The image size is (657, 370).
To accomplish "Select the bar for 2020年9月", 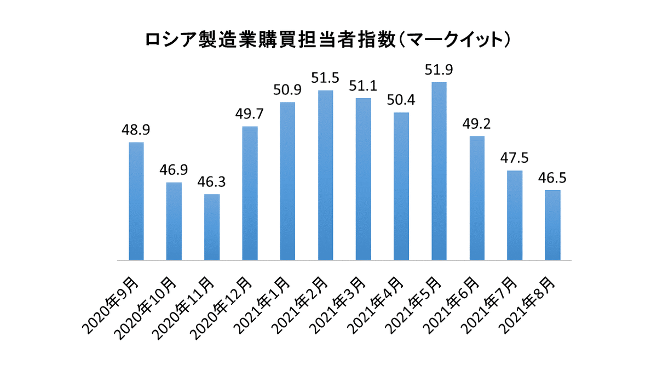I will tap(136, 201).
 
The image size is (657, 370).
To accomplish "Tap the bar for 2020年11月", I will tap(212, 227).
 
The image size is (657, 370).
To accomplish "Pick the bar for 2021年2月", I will tap(326, 175).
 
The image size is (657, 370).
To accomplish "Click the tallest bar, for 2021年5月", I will tap(439, 171).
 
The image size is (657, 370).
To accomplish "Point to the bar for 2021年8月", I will tap(553, 225).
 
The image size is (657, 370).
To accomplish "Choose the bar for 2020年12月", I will tap(250, 193).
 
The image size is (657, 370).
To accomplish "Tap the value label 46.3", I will tap(212, 182).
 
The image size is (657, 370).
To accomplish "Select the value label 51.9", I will tap(439, 70).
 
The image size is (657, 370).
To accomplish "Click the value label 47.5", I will tap(515, 158).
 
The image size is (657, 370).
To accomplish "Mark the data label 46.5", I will tap(553, 178).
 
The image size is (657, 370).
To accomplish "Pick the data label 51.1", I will tap(363, 86).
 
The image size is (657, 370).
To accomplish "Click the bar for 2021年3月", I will tap(363, 179).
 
